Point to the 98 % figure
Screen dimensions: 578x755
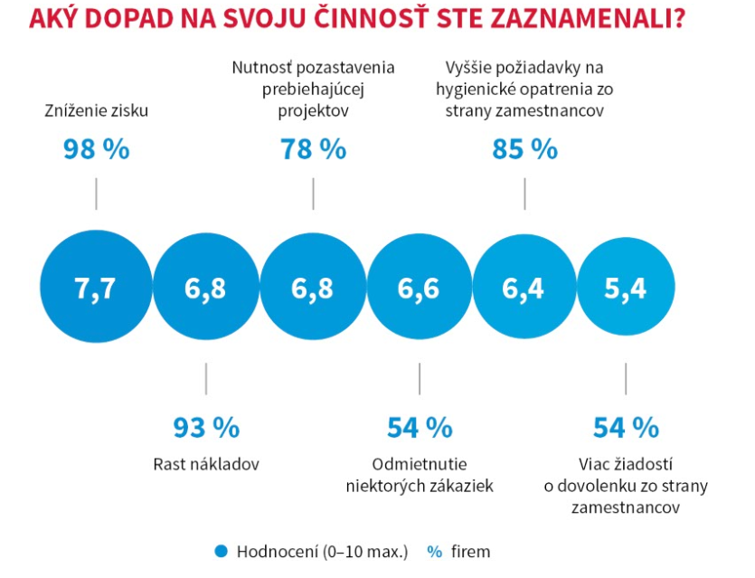(96, 149)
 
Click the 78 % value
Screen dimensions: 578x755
(313, 149)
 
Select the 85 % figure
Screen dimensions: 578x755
(525, 149)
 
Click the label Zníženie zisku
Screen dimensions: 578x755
(96, 111)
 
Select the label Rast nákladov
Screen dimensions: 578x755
(206, 465)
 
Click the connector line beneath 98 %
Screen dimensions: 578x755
(96, 194)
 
